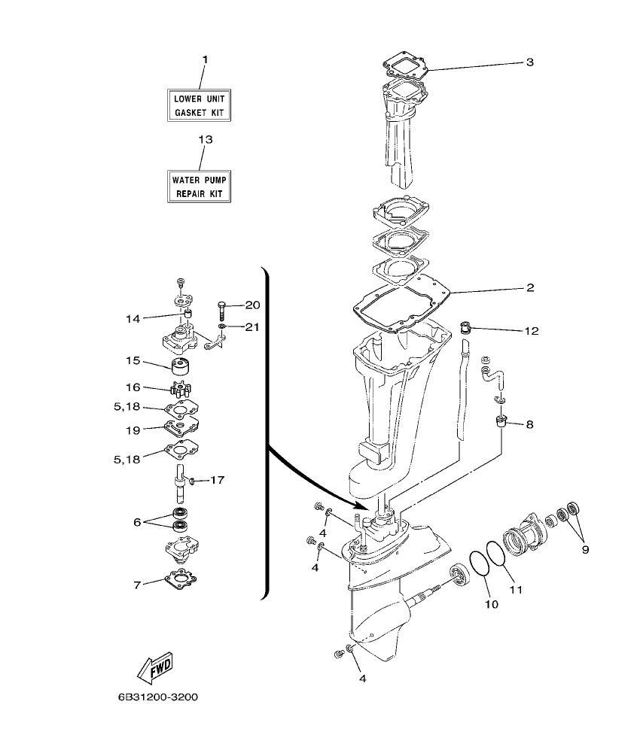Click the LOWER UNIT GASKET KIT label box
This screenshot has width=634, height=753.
[x=199, y=105]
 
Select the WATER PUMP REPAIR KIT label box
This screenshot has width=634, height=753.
[x=199, y=187]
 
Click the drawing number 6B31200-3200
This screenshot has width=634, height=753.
[x=157, y=697]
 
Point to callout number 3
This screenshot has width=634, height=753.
[x=530, y=62]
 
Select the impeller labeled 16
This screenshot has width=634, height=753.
[x=180, y=390]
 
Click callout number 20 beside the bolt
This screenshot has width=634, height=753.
[x=252, y=305]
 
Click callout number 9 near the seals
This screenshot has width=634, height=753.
[x=585, y=548]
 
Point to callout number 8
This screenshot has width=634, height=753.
[x=529, y=425]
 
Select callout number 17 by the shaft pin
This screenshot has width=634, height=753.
[x=218, y=479]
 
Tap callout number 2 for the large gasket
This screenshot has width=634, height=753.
[x=530, y=287]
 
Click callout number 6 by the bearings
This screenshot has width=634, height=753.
[x=137, y=521]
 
